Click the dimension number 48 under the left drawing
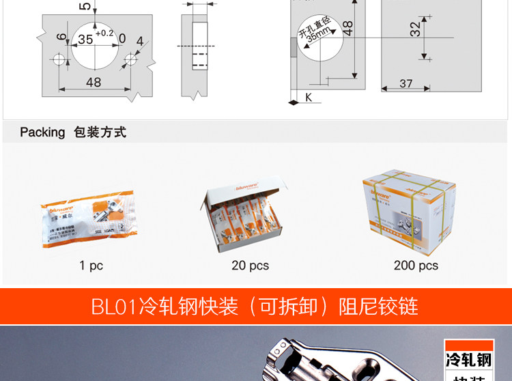point(94,82)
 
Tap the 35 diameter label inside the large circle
point(85,40)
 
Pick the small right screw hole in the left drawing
point(130,60)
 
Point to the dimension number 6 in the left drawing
point(61,37)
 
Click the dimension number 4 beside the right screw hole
point(139,42)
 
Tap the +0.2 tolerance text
point(105,33)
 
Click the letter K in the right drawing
point(308,98)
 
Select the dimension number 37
point(406,83)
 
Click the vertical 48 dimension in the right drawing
point(347,29)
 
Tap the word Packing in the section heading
point(42,132)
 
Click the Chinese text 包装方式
point(100,132)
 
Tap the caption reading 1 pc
point(91,265)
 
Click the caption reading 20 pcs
point(250,265)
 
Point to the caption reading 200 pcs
point(416,265)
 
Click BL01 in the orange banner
point(115,306)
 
